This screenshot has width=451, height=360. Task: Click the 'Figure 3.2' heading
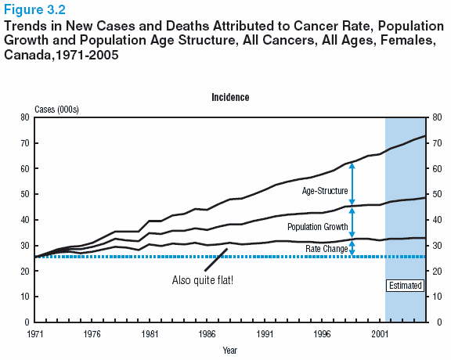pyautogui.click(x=34, y=9)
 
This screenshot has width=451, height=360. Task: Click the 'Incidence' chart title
pyautogui.click(x=230, y=97)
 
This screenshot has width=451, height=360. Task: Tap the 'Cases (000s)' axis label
pyautogui.click(x=56, y=110)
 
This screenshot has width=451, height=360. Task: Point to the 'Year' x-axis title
pyautogui.click(x=230, y=351)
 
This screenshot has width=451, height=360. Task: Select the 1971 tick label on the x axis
pyautogui.click(x=34, y=334)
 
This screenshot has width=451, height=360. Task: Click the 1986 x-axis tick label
pyautogui.click(x=207, y=334)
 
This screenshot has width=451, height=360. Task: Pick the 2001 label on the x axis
pyautogui.click(x=380, y=334)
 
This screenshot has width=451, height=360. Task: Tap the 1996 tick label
pyautogui.click(x=322, y=334)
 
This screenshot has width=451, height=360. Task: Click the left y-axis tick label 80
pyautogui.click(x=25, y=117)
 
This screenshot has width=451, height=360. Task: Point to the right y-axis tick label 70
pyautogui.click(x=437, y=143)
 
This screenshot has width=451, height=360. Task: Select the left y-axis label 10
pyautogui.click(x=25, y=297)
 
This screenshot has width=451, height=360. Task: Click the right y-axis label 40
pyautogui.click(x=437, y=220)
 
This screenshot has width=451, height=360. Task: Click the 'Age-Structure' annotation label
pyautogui.click(x=325, y=191)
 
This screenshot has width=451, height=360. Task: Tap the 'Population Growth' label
pyautogui.click(x=318, y=227)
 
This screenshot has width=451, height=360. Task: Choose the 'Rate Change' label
pyautogui.click(x=327, y=248)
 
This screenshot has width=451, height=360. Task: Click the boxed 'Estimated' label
pyautogui.click(x=406, y=286)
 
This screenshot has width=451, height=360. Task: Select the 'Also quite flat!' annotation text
pyautogui.click(x=203, y=280)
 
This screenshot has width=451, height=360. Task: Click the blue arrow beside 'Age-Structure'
pyautogui.click(x=352, y=184)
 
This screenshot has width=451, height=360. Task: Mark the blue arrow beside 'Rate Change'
pyautogui.click(x=352, y=248)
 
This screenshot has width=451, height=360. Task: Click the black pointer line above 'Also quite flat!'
pyautogui.click(x=216, y=260)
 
